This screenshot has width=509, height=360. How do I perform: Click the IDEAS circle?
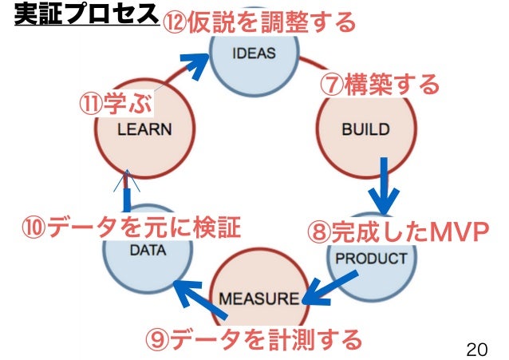[254, 54]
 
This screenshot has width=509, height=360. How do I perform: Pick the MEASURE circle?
[258, 299]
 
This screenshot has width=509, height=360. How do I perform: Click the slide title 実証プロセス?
[85, 16]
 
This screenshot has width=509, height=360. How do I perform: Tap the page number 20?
[476, 348]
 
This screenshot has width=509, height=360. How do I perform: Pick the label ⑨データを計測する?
[253, 340]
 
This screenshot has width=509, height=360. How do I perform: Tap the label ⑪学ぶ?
[116, 105]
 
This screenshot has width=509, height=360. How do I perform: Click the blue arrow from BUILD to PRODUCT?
[385, 185]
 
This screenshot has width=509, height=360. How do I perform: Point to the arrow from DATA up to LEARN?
[127, 190]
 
